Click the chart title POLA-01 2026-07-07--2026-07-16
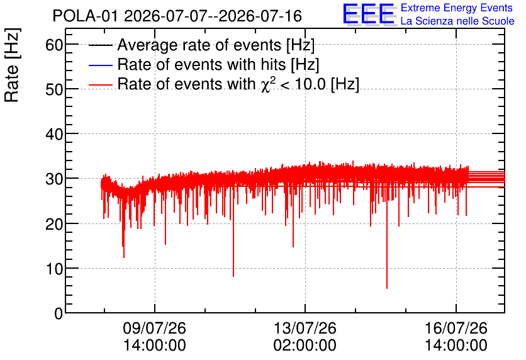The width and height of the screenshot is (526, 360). [177, 16]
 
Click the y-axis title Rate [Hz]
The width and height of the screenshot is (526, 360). [12, 65]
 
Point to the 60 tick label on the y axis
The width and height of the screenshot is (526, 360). [54, 44]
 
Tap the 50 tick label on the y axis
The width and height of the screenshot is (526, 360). [54, 89]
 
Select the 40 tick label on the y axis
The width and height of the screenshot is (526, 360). [54, 134]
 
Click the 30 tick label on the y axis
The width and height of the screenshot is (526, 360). [54, 179]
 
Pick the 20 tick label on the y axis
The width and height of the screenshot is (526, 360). [54, 224]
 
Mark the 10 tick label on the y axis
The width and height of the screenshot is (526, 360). [54, 269]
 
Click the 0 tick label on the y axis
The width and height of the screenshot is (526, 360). [59, 313]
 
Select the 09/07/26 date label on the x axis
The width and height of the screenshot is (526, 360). [155, 328]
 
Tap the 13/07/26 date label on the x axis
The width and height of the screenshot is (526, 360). [305, 328]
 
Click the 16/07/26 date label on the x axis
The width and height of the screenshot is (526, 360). [456, 328]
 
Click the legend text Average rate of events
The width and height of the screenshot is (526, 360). [199, 45]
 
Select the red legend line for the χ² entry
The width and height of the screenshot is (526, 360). [100, 85]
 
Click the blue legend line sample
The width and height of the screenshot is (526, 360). [100, 65]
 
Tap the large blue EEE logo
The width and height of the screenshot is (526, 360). [368, 14]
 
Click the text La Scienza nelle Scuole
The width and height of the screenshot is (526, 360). [457, 21]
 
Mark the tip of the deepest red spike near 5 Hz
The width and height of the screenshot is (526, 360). [387, 288]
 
